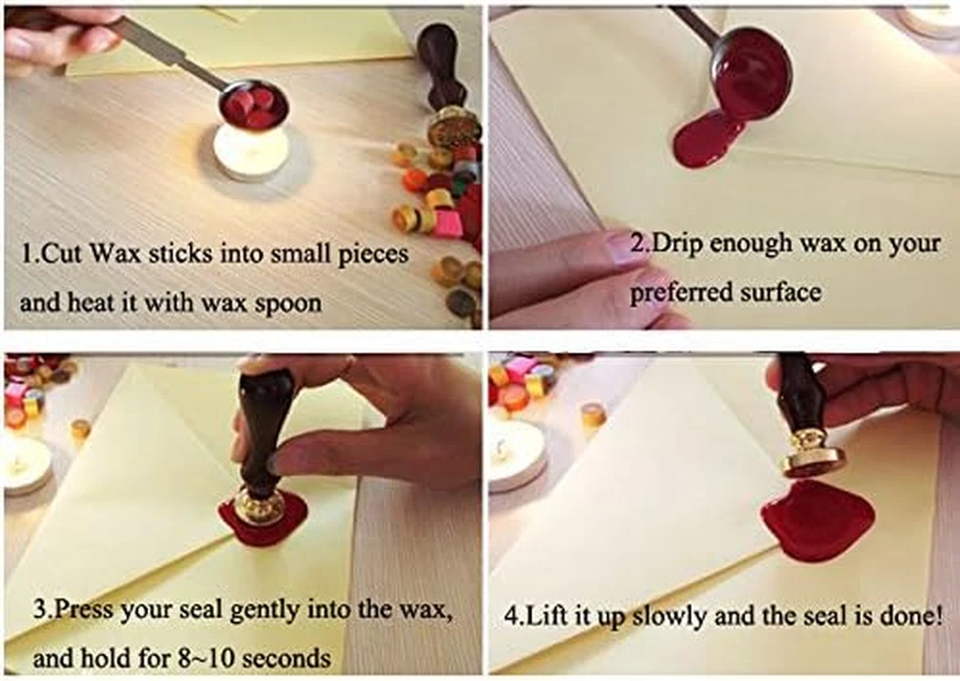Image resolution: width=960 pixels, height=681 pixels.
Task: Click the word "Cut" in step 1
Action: tap(61, 253)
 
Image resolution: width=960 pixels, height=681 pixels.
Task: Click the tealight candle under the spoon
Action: tap(251, 150)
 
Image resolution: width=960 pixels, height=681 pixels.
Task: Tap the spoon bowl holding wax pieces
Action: tap(253, 105)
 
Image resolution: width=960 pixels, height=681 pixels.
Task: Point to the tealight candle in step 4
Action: tap(516, 454)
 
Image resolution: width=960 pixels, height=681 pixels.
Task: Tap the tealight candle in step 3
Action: tap(27, 465)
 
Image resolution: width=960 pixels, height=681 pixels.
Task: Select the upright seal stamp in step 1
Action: tap(445, 85)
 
